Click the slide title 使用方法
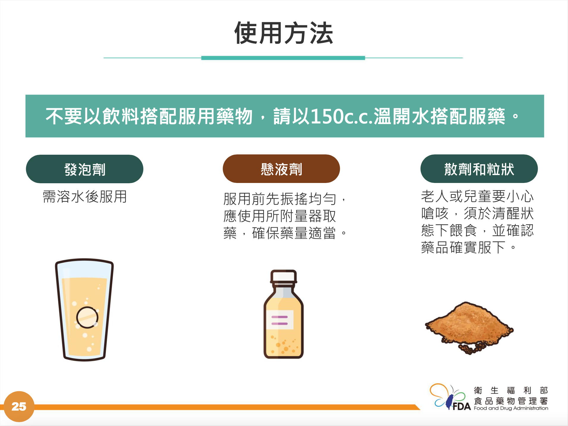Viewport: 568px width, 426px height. (283, 33)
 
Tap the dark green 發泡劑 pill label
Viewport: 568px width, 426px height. (84, 169)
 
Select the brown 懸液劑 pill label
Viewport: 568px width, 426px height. (281, 169)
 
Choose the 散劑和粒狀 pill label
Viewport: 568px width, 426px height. (479, 169)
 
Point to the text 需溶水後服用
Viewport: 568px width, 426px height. (85, 197)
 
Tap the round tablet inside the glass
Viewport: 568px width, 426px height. (87, 317)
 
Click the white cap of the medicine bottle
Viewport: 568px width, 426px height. (283, 276)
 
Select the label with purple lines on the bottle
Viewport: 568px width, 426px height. (280, 320)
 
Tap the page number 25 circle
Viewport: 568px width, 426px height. (19, 406)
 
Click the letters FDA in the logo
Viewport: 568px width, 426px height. (462, 406)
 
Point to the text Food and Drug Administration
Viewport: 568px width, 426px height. (511, 408)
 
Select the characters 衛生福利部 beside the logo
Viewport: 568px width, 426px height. (511, 390)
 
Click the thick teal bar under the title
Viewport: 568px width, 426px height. (283, 58)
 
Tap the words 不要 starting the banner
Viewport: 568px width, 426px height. (64, 116)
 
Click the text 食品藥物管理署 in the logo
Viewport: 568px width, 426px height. (511, 400)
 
